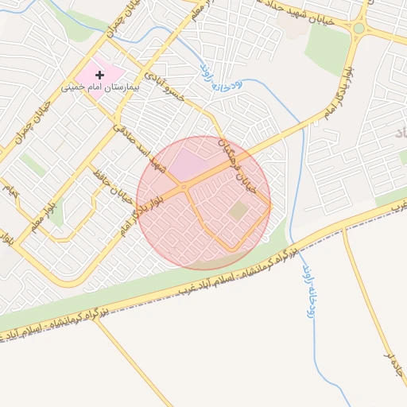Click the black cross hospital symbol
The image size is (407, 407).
pos(99,74)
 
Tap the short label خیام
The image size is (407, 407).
pos(10,191)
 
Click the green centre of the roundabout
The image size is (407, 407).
pos(359,29)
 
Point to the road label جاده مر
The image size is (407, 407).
pos(390,366)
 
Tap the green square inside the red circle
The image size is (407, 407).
pos(238,211)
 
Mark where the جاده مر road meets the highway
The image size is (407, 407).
pos(343,231)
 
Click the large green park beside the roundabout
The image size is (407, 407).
pos(327,48)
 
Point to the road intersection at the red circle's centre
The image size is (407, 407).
pos(185,188)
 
